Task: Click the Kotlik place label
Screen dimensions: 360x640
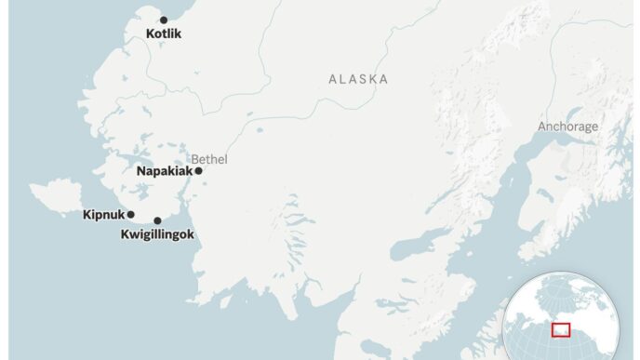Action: click(x=164, y=34)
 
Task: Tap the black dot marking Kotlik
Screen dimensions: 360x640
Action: click(x=164, y=20)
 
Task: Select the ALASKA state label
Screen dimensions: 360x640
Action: click(x=358, y=79)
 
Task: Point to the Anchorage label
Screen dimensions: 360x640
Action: click(x=568, y=127)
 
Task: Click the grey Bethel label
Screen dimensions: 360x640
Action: click(x=208, y=158)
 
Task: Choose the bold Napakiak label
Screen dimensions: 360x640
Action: click(x=164, y=171)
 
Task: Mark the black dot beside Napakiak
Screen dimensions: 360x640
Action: click(x=198, y=171)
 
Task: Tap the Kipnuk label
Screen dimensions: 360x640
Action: click(x=102, y=215)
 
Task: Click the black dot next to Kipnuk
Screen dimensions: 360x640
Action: click(x=131, y=215)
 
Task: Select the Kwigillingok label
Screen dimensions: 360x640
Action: click(x=157, y=234)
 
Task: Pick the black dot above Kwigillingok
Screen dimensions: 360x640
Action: click(x=157, y=220)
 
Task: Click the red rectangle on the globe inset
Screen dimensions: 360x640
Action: click(x=561, y=328)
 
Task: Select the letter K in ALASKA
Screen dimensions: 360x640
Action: click(x=371, y=79)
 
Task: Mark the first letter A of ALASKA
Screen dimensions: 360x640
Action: click(x=333, y=79)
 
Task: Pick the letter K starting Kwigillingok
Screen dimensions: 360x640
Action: click(x=126, y=234)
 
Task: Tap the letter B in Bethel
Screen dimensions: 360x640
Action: click(x=195, y=158)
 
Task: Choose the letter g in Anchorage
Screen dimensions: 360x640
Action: click(x=592, y=127)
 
